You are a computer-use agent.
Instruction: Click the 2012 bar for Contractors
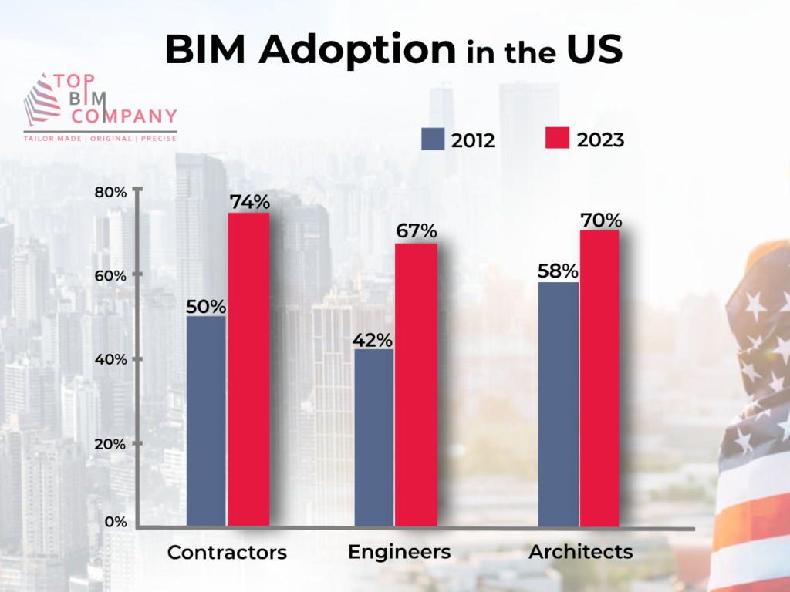click(206, 421)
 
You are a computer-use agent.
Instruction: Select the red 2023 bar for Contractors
click(248, 370)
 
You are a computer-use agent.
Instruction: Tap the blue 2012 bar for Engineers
click(374, 438)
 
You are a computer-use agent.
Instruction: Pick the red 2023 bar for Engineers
click(416, 385)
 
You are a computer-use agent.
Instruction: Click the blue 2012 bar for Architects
click(558, 404)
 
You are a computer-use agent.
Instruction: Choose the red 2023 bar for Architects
click(599, 378)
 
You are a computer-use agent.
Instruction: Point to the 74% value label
click(249, 202)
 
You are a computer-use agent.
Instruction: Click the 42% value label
click(374, 339)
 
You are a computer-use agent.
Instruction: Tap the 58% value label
click(558, 271)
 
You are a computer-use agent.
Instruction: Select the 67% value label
click(417, 231)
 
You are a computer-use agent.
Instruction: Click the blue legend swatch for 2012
click(432, 139)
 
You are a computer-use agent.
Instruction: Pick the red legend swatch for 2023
click(556, 139)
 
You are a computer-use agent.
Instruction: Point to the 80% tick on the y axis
click(110, 192)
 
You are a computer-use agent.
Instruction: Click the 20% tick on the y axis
click(110, 444)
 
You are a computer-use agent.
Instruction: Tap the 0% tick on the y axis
click(114, 522)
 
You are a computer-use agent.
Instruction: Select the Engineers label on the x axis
click(399, 552)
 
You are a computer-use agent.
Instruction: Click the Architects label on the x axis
click(580, 552)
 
